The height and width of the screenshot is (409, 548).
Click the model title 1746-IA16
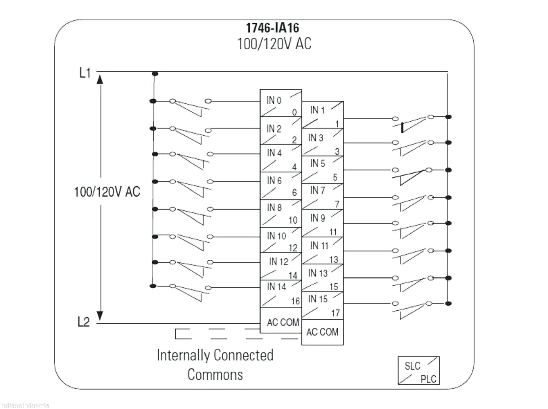pyautogui.click(x=272, y=28)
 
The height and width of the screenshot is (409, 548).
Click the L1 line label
pyautogui.click(x=85, y=73)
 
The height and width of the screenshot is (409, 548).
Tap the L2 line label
pyautogui.click(x=84, y=322)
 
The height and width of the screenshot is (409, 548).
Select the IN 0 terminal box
pyautogui.click(x=281, y=103)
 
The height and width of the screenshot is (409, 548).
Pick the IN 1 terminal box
pyautogui.click(x=322, y=115)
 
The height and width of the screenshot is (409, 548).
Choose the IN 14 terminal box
pyautogui.click(x=281, y=294)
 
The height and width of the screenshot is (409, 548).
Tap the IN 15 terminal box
pyautogui.click(x=322, y=305)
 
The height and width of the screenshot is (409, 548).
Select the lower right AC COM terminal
pyautogui.click(x=322, y=332)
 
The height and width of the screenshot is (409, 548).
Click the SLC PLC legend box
pyautogui.click(x=419, y=370)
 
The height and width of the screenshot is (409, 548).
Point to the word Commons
pyautogui.click(x=215, y=374)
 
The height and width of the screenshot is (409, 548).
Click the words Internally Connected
pyautogui.click(x=215, y=355)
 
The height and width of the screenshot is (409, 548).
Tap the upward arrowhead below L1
pyautogui.click(x=100, y=80)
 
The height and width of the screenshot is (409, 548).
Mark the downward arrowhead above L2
pyautogui.click(x=100, y=315)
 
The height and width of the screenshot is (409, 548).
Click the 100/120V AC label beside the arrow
pyautogui.click(x=107, y=192)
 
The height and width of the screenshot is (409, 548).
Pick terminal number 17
pyautogui.click(x=335, y=313)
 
